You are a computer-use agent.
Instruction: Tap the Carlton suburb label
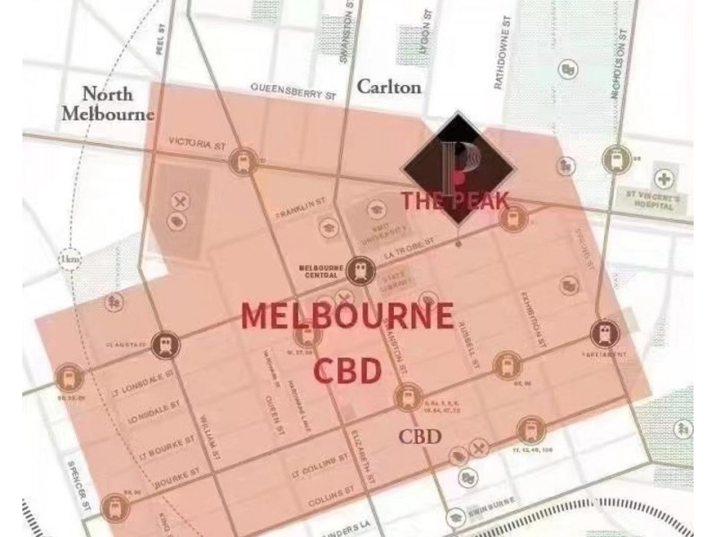pos(388,87)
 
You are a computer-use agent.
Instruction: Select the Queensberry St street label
pos(293,90)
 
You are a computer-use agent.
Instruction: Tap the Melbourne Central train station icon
pos(361,267)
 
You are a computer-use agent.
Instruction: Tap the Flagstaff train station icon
pos(165,343)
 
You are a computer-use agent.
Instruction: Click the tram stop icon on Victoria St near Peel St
pos(239,162)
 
